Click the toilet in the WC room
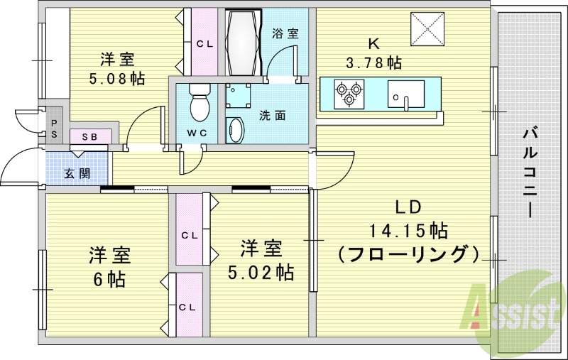200,103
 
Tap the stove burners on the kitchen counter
349,94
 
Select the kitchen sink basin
405,93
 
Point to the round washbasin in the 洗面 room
236,131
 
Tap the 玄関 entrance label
77,173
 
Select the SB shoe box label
89,136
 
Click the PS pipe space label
54,129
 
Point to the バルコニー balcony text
528,171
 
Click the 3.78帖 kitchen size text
375,62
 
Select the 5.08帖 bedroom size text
116,78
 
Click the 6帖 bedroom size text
108,279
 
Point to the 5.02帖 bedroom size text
261,271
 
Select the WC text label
197,133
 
